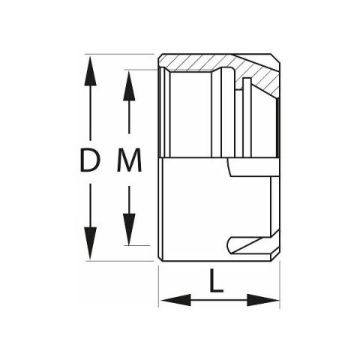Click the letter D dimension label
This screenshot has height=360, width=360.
[90, 160]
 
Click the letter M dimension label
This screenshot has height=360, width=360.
[129, 160]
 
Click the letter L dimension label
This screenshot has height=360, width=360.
[216, 280]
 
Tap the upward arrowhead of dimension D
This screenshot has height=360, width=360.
[90, 71]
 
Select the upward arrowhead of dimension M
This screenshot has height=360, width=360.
[129, 85]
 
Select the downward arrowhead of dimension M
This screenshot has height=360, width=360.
[129, 229]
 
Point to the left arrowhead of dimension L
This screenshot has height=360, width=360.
[175, 300]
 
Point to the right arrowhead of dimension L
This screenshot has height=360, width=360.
[263, 300]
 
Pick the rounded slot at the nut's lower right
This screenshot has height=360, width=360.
[253, 245]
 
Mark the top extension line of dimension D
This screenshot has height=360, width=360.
[119, 54]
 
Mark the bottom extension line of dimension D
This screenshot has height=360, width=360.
[120, 261]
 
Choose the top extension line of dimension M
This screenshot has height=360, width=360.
[141, 70]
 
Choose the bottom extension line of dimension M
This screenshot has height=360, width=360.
[137, 245]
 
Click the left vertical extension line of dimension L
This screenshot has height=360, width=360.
[159, 286]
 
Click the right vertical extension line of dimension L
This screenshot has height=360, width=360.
[280, 284]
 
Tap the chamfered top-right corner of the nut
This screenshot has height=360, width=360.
[275, 58]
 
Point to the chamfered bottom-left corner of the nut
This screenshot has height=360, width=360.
[160, 259]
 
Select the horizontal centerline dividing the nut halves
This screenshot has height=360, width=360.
[219, 158]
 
